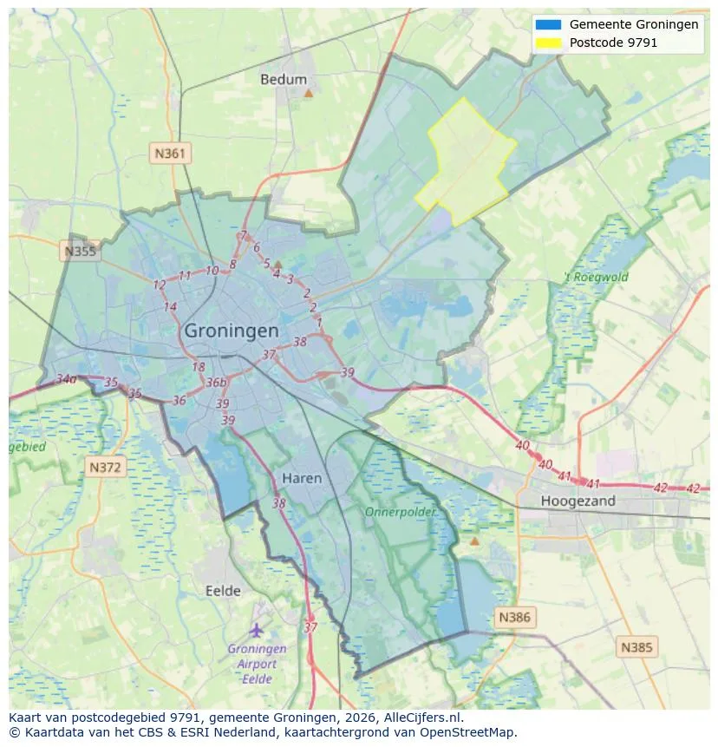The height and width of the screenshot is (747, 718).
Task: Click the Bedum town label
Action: coord(284,80)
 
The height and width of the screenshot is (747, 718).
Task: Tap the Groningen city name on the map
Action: coord(232,331)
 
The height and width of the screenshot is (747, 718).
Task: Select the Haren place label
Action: coord(302,478)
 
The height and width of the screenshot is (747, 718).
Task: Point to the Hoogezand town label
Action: coord(578,501)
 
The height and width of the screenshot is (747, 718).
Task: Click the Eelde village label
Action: coord(223,591)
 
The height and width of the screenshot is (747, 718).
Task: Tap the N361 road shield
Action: coord(170,154)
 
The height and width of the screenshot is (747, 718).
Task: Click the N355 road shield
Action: coord(81,252)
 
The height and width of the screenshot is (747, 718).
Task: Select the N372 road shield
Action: coord(107,468)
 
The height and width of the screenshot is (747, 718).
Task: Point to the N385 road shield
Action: coord(637,646)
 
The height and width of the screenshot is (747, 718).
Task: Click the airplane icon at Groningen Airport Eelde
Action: coord(257,629)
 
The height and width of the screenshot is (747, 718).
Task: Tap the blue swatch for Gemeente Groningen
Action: coord(549,24)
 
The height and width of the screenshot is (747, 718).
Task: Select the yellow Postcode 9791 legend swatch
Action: coord(549,42)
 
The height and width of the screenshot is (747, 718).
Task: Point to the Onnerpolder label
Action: coord(400,512)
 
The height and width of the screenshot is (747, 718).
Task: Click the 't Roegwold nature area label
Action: coord(596,278)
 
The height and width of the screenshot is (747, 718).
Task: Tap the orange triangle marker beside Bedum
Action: coord(308,92)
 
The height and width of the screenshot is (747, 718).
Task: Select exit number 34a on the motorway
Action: coord(66,379)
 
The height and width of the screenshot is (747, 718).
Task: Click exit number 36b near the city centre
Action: coord(216,383)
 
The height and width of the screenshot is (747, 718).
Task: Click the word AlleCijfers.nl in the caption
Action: coord(423,718)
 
